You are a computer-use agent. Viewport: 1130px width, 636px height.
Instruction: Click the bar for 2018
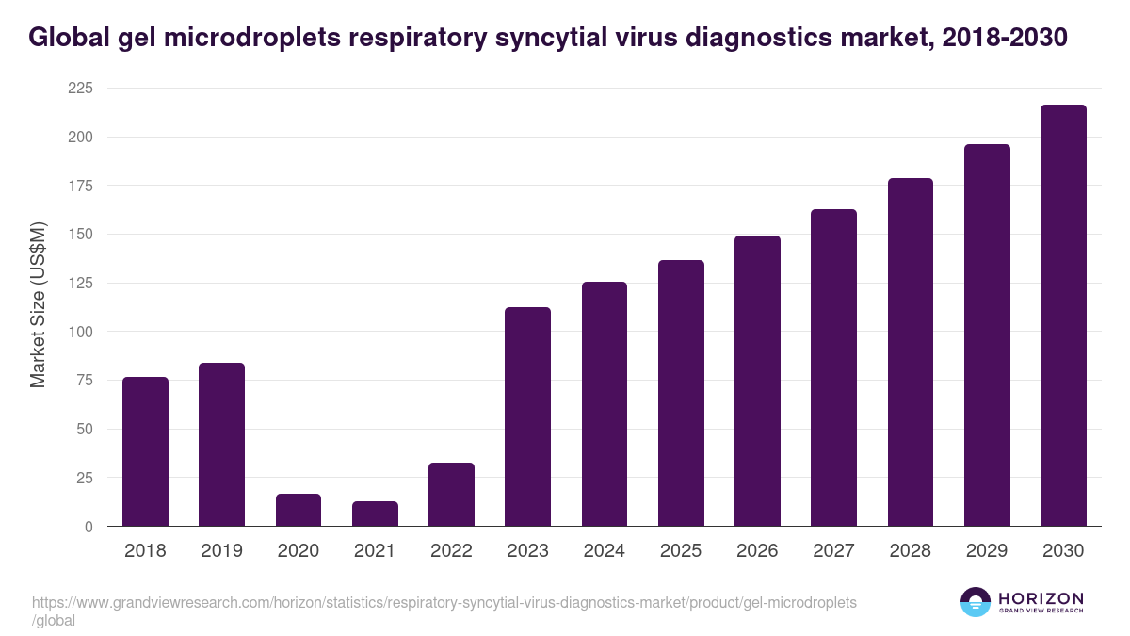pos(145,451)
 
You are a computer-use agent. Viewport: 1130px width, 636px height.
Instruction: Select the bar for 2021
pos(375,514)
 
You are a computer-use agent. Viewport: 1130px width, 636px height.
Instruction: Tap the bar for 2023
pos(527,416)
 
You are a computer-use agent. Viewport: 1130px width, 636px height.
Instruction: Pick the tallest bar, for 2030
pos(1063,316)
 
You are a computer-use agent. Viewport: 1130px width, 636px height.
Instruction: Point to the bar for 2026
pos(757,381)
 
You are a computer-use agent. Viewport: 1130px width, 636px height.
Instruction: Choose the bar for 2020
pos(299,510)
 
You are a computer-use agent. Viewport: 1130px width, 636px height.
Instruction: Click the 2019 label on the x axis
pos(221,551)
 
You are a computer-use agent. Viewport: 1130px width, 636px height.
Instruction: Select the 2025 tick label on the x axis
pos(680,551)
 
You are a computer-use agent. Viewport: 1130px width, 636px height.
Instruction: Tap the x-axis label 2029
pos(986,551)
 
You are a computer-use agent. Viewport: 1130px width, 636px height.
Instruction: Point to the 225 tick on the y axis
pos(80,89)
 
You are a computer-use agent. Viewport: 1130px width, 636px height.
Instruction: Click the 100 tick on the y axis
pos(80,332)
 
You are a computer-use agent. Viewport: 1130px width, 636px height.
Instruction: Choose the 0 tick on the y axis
pos(89,527)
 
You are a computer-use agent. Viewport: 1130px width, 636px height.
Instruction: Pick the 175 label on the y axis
pos(80,186)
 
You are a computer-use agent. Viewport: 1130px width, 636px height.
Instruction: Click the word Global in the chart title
pos(73,38)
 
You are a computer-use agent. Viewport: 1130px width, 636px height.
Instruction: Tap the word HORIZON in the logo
pos(1041,598)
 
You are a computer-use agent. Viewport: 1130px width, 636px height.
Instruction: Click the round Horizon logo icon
pos(975,602)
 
